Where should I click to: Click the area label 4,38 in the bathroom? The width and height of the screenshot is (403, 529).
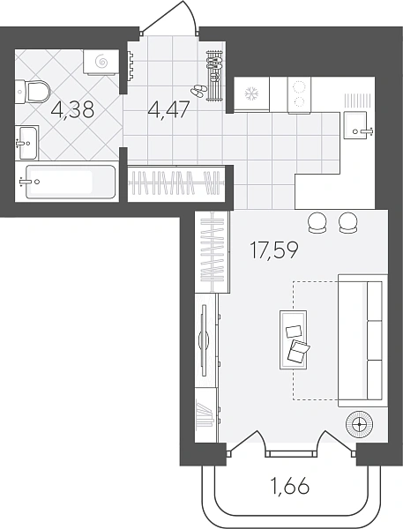tap(71, 109)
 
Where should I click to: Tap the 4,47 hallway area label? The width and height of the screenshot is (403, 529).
tap(168, 109)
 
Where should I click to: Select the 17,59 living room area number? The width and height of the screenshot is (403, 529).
tap(274, 250)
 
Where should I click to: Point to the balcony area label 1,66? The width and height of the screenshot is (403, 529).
tap(290, 486)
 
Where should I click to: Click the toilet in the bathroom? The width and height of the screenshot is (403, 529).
tap(33, 92)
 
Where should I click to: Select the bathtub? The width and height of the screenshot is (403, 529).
tap(70, 182)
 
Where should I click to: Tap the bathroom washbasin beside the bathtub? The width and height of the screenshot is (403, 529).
tap(27, 142)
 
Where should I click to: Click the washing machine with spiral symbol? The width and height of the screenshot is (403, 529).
tap(101, 62)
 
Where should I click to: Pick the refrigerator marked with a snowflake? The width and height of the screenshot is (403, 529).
tap(251, 93)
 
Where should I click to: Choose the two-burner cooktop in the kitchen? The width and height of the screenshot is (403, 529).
tap(299, 95)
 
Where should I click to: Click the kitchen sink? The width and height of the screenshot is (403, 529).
tap(358, 125)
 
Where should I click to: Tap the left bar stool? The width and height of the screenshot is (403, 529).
tap(317, 222)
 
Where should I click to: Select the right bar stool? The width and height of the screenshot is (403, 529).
tap(348, 222)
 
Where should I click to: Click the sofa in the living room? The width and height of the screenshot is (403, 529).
tap(362, 340)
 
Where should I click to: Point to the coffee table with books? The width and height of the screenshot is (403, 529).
tap(294, 339)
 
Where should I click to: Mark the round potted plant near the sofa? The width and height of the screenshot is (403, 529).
tap(359, 424)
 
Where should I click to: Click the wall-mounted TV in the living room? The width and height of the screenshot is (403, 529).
tap(204, 340)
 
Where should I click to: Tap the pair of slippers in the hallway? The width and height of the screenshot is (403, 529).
tap(198, 90)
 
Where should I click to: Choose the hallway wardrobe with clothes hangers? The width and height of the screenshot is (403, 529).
tap(177, 183)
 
